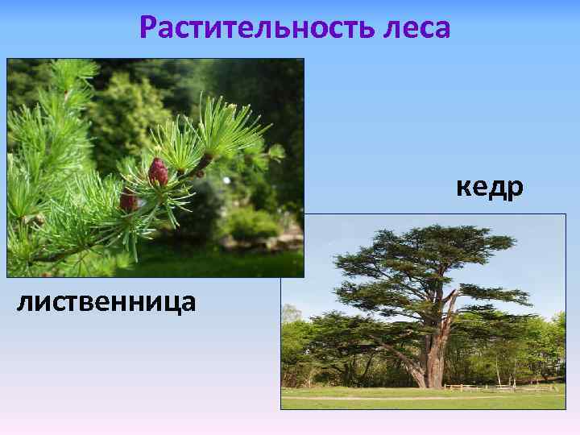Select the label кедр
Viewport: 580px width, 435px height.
(489, 187)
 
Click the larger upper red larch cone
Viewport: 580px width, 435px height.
(159, 172)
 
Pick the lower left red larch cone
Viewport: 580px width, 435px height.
(128, 201)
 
